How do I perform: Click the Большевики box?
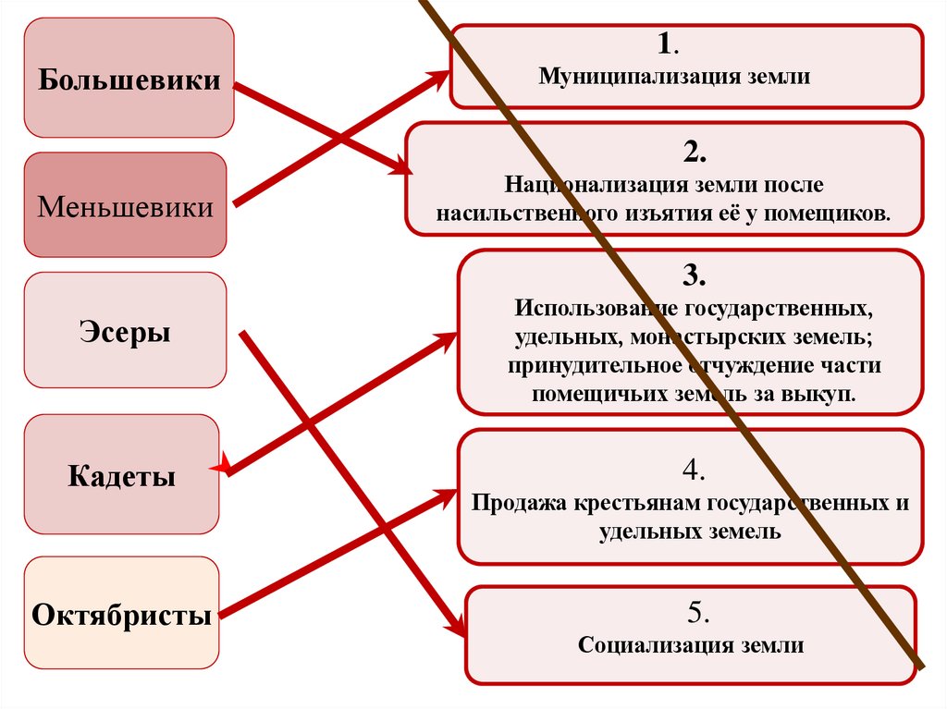[x=129, y=79]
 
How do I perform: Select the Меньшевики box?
[x=125, y=205]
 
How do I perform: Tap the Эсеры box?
[x=125, y=330]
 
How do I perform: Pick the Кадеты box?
[x=121, y=475]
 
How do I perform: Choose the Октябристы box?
[x=121, y=613]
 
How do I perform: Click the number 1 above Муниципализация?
[x=664, y=44]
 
